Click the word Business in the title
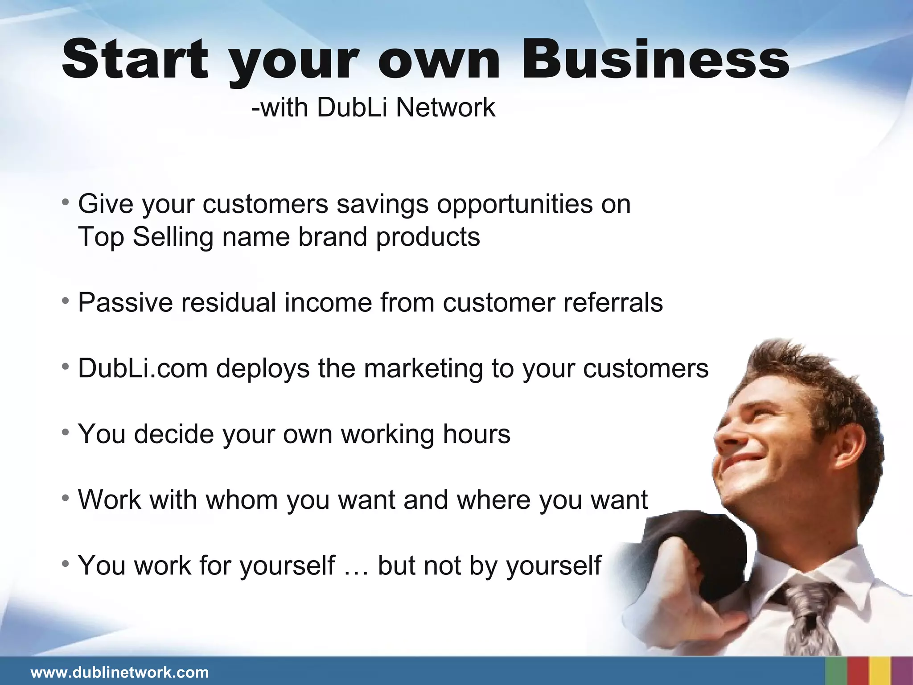pyautogui.click(x=655, y=60)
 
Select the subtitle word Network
pyautogui.click(x=445, y=108)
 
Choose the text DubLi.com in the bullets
pyautogui.click(x=143, y=369)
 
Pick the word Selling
pyautogui.click(x=173, y=237)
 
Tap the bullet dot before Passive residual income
pyautogui.click(x=66, y=301)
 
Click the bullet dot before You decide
pyautogui.click(x=66, y=432)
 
